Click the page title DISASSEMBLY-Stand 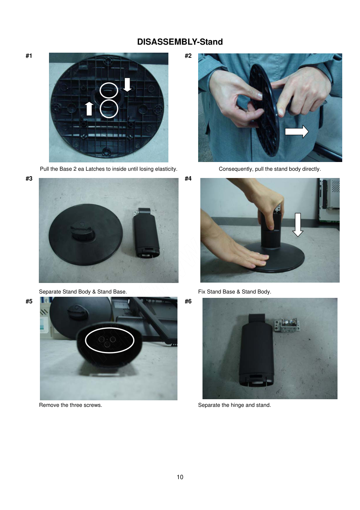[x=180, y=42]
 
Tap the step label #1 [x=29, y=56]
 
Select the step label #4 [x=188, y=178]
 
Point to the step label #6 [x=188, y=301]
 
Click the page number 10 [x=180, y=477]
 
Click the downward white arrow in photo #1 [x=127, y=85]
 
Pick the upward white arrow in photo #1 [x=89, y=109]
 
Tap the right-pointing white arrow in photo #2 [x=296, y=131]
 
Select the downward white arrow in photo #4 [x=298, y=225]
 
